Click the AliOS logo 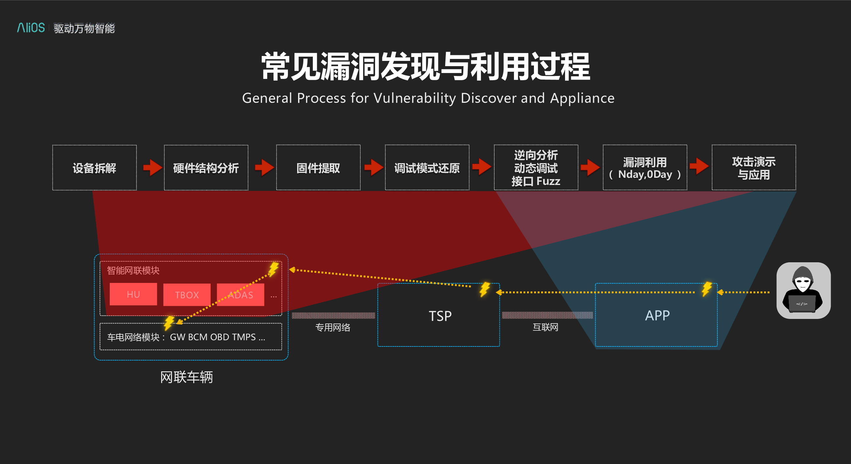(x=31, y=28)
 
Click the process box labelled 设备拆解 (x=94, y=167)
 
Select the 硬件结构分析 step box (x=206, y=167)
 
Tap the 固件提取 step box (x=318, y=167)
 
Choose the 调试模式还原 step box (x=427, y=167)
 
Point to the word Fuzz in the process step (x=548, y=181)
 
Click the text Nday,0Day (x=645, y=175)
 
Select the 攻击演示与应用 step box (x=754, y=167)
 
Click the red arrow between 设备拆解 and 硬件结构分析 (x=152, y=167)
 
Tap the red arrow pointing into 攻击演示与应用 (x=699, y=166)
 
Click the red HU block (x=133, y=294)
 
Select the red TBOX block (x=187, y=295)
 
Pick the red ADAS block (x=240, y=295)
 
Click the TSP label (x=440, y=316)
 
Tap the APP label (x=657, y=316)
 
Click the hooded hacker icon (x=804, y=291)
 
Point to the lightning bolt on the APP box (x=707, y=289)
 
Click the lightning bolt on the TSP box (x=485, y=289)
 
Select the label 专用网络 (x=333, y=327)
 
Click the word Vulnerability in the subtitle (x=415, y=99)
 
